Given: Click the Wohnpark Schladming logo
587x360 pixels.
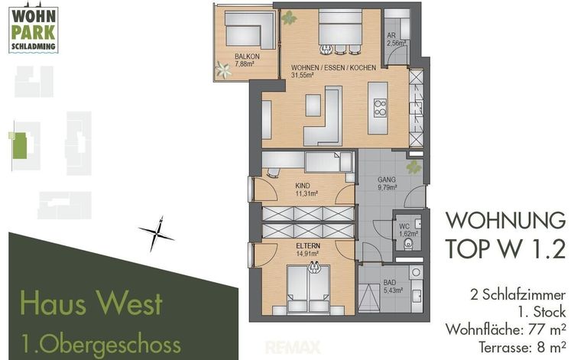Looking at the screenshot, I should pyautogui.click(x=34, y=29).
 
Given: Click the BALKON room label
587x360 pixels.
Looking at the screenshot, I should pyautogui.click(x=247, y=57).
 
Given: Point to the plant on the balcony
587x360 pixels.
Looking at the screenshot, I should pyautogui.click(x=223, y=70).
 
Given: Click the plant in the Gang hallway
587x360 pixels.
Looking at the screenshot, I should pyautogui.click(x=413, y=167).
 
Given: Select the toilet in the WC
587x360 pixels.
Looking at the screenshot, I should pyautogui.click(x=408, y=243).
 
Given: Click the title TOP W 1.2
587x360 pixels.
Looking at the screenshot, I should pyautogui.click(x=506, y=248).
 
